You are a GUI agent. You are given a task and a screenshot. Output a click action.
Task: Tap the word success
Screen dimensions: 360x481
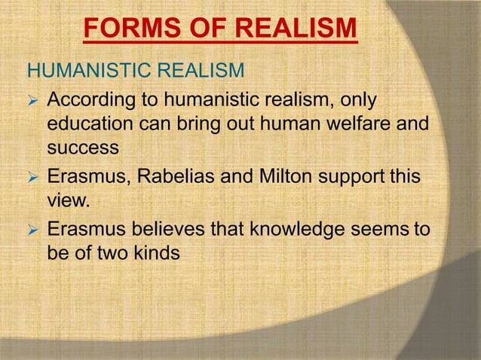click(x=83, y=147)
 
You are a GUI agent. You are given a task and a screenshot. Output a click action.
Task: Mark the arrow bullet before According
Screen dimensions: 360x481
click(x=32, y=101)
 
